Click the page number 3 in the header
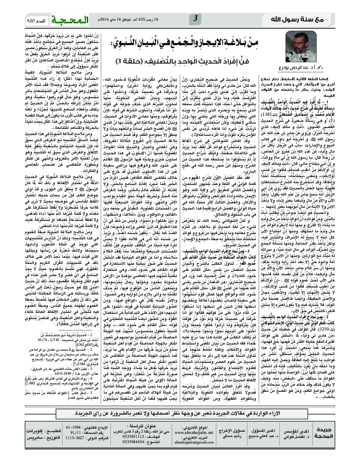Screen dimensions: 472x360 coord(196,18)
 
